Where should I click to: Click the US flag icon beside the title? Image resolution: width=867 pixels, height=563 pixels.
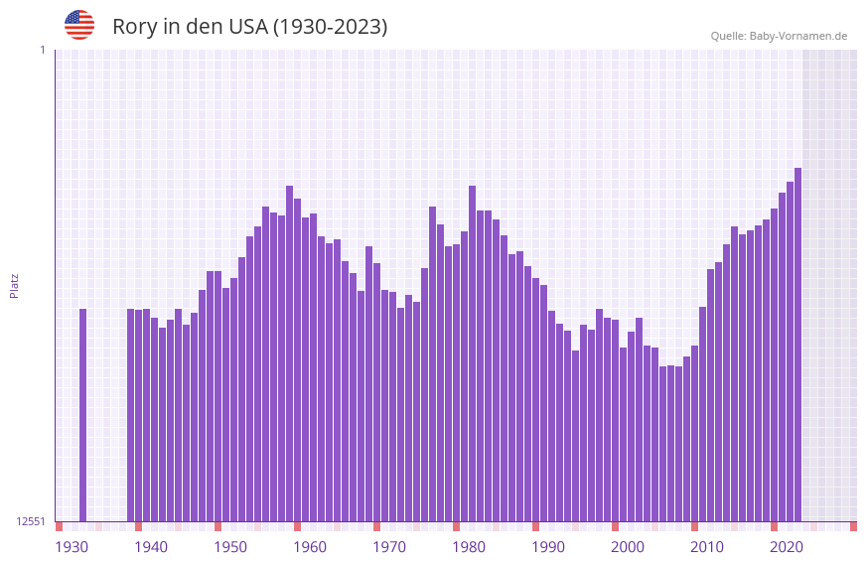79,25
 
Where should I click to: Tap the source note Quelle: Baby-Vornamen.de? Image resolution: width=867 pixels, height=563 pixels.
779,36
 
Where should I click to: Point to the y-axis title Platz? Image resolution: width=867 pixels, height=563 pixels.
14,285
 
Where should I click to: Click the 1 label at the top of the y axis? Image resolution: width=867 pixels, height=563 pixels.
42,50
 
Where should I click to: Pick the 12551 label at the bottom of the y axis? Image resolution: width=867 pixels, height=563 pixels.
31,521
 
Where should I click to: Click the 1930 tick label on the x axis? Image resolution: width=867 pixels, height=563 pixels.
72,546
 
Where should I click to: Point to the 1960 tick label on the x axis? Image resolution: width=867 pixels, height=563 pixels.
310,546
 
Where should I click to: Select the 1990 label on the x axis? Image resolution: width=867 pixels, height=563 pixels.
548,546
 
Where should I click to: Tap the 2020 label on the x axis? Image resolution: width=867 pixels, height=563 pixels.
787,546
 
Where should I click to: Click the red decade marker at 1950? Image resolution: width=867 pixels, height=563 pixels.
218,526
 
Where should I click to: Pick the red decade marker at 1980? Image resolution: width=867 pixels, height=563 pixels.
457,526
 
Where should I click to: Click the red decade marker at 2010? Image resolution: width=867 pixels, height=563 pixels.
695,526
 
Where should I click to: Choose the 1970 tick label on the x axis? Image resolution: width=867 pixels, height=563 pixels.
389,546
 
